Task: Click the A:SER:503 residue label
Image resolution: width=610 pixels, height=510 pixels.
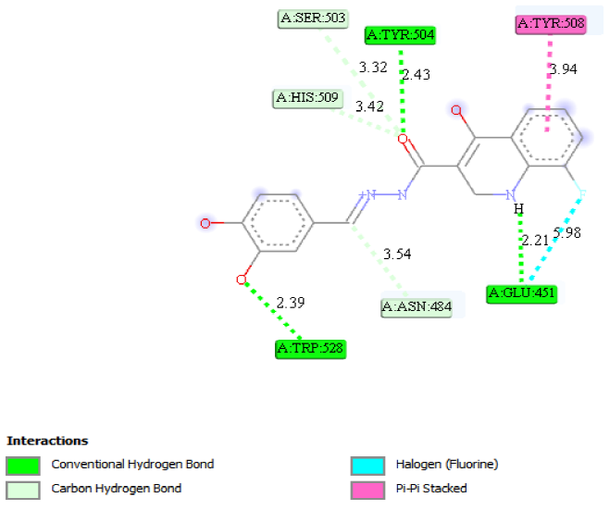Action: click(x=311, y=17)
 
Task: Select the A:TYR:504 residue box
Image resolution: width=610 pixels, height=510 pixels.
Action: click(x=400, y=35)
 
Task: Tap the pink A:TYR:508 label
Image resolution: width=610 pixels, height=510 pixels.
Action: click(x=552, y=23)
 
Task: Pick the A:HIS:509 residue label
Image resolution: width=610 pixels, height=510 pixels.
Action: click(x=309, y=97)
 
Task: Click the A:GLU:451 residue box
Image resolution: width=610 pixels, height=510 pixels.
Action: click(x=523, y=294)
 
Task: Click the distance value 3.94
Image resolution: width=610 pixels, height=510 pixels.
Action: click(x=564, y=69)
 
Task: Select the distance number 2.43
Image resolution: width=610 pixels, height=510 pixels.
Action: click(x=418, y=74)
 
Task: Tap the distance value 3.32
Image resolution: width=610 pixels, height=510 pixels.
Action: click(x=372, y=68)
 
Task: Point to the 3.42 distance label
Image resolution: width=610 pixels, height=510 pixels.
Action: click(x=369, y=106)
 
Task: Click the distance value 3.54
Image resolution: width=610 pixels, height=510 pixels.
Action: click(x=397, y=253)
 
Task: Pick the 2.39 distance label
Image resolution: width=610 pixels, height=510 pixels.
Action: click(x=291, y=303)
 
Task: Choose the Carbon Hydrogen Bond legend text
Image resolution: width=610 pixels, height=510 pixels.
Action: click(x=116, y=488)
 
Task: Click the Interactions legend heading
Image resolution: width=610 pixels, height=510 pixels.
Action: click(x=47, y=441)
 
